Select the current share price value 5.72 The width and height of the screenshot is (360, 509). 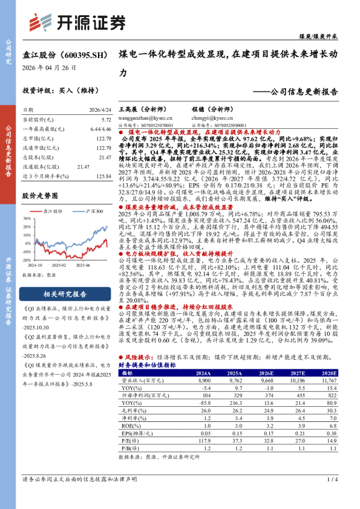point(106,120)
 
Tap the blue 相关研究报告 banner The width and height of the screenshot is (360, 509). point(65,294)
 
